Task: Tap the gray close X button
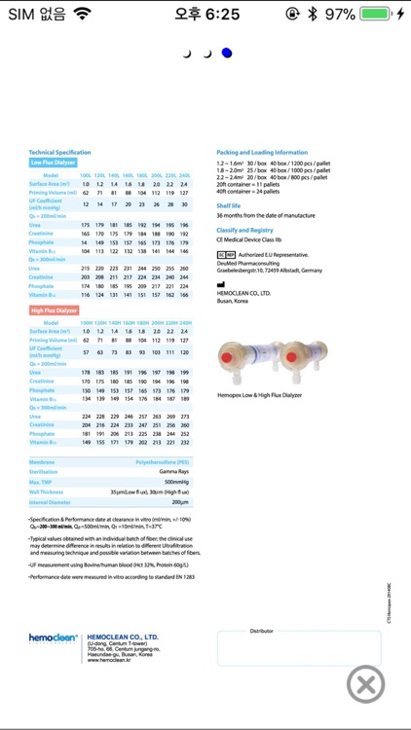pos(367,684)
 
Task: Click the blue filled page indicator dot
pos(226,53)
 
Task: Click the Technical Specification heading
pos(59,152)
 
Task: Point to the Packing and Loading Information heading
pos(261,152)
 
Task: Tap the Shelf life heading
pos(228,206)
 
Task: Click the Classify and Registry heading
pos(244,229)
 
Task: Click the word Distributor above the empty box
pos(261,631)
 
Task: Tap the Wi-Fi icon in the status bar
pos(82,15)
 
